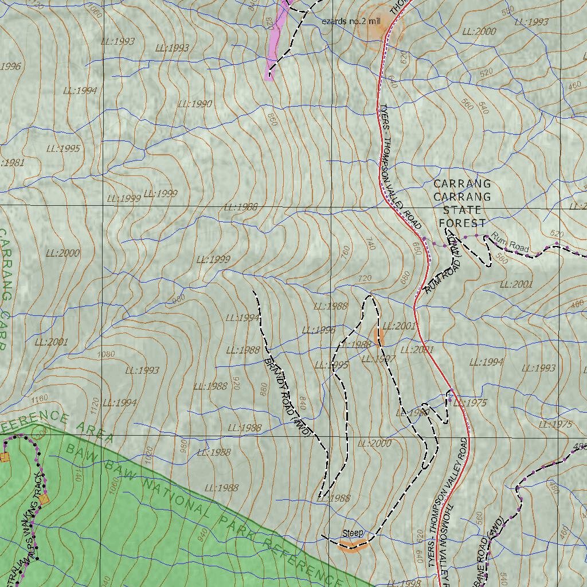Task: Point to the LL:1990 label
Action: click(x=195, y=104)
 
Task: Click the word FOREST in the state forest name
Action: click(x=462, y=223)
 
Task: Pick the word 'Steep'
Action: click(x=353, y=534)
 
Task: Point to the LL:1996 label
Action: click(x=318, y=330)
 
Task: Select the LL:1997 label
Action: click(x=378, y=359)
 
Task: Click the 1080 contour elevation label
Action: click(x=107, y=354)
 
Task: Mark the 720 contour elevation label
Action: click(x=364, y=278)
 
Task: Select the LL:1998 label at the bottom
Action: click(x=404, y=583)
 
